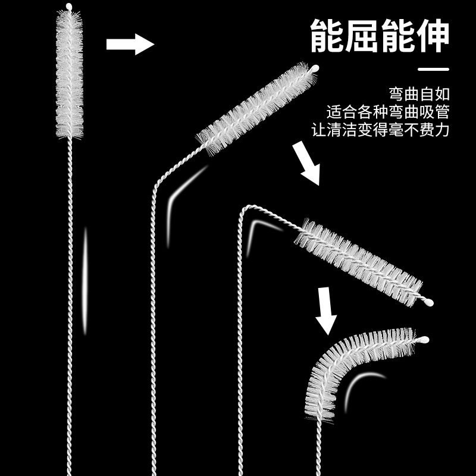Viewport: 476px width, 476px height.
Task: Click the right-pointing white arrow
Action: click(x=130, y=44)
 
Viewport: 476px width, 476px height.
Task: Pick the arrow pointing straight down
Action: click(x=325, y=309)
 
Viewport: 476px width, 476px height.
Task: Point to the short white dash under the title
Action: click(x=433, y=70)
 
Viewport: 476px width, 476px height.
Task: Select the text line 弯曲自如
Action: click(x=419, y=94)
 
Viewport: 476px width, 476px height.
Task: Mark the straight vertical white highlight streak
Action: click(x=84, y=280)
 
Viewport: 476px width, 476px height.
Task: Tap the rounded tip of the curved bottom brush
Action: click(x=424, y=340)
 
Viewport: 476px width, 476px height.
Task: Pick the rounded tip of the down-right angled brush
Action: click(x=428, y=302)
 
